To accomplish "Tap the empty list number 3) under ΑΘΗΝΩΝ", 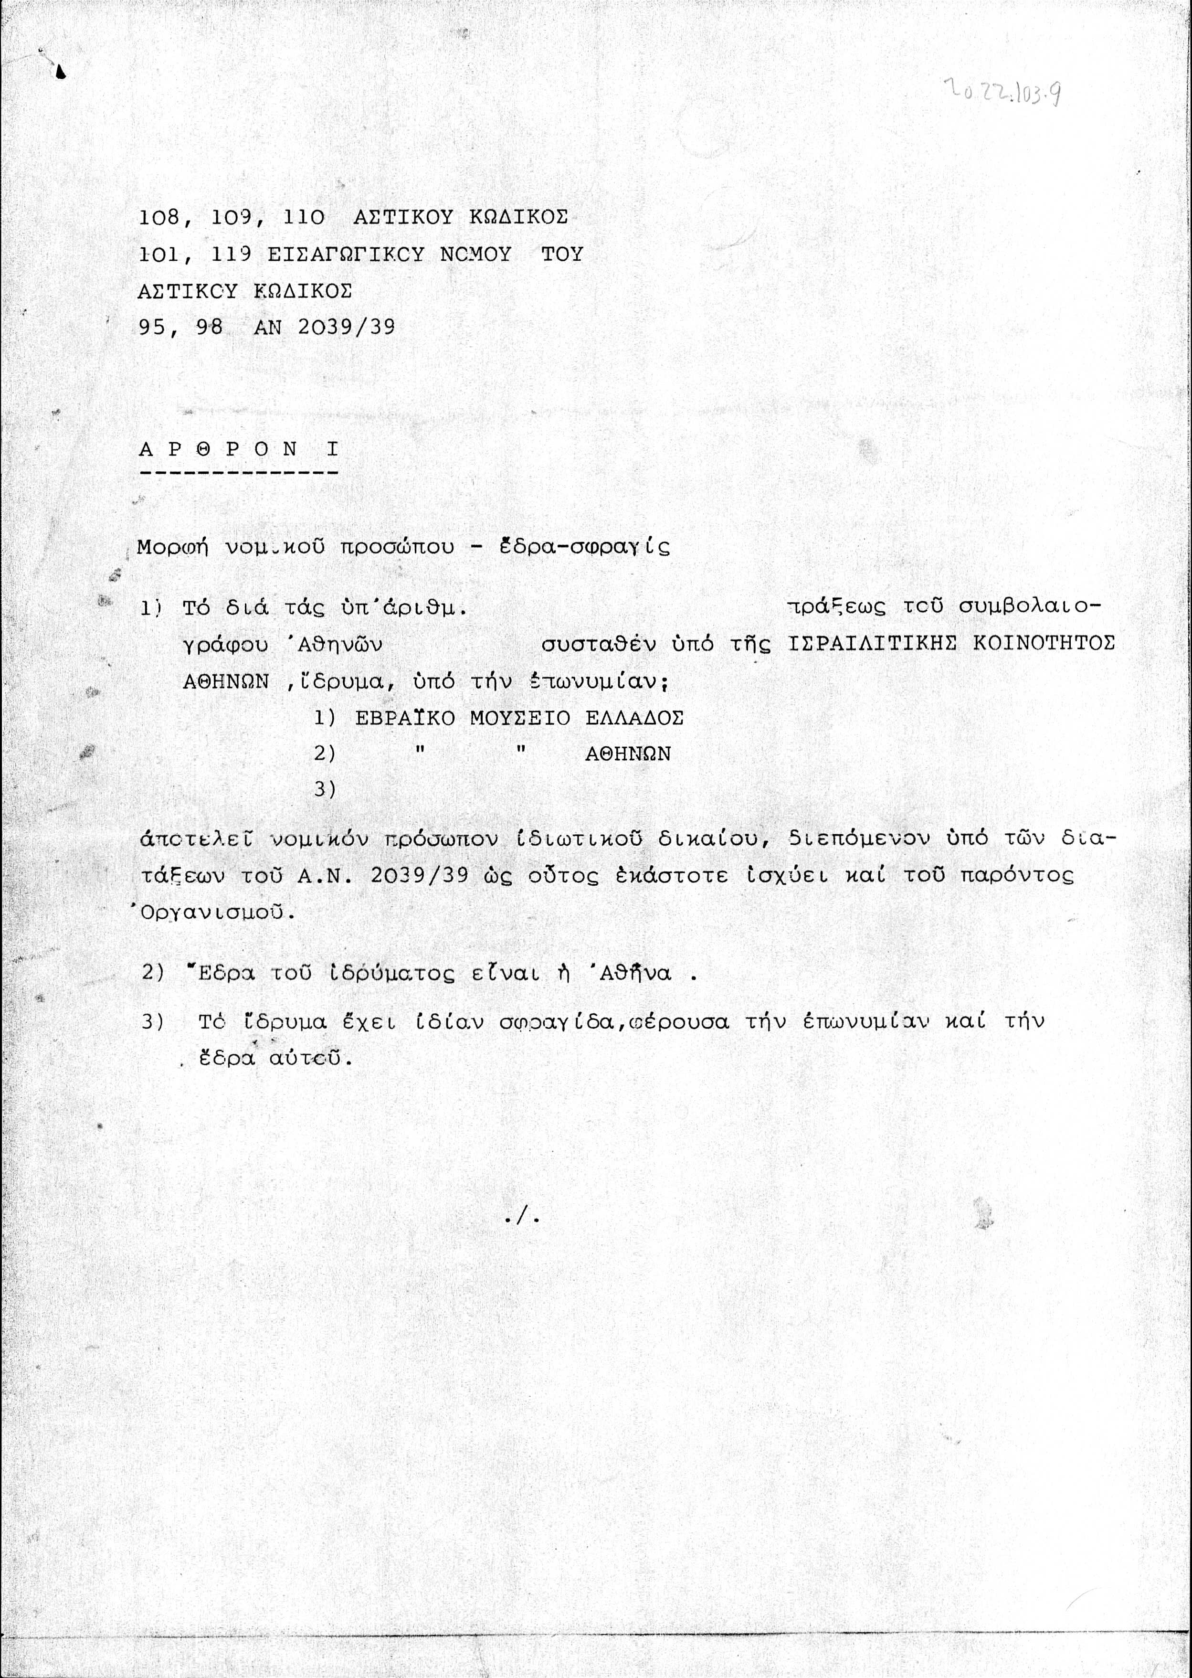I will click(325, 789).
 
